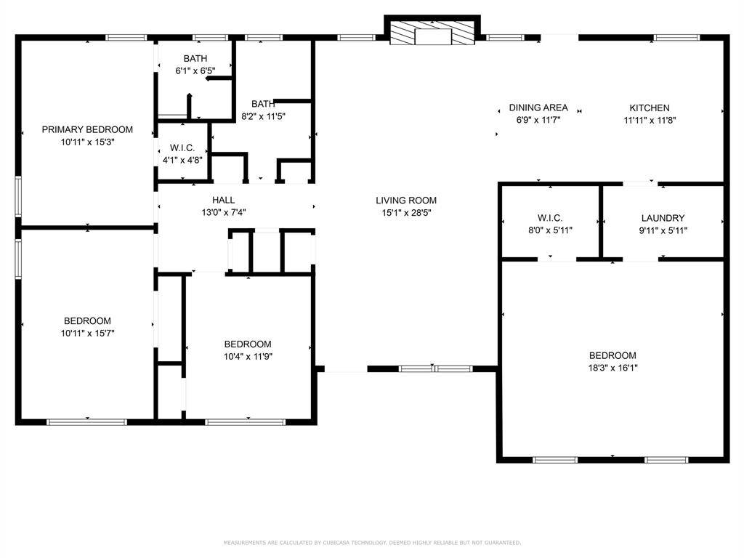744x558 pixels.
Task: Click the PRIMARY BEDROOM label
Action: [87, 129]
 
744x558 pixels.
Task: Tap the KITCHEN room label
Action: [649, 108]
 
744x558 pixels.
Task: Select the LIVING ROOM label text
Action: [406, 201]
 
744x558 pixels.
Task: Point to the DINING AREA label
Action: [538, 108]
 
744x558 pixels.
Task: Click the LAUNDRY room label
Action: [663, 218]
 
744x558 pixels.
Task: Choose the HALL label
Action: [223, 201]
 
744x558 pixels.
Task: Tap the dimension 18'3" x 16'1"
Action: [612, 368]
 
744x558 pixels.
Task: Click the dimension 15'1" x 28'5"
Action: [406, 213]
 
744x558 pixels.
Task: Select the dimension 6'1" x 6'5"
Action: [195, 71]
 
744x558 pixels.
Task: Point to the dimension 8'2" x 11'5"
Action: [263, 116]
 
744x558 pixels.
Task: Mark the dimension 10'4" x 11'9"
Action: [248, 356]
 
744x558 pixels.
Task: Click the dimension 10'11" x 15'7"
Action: [87, 333]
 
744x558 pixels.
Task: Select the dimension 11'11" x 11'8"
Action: [649, 121]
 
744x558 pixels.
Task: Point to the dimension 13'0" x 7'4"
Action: [223, 213]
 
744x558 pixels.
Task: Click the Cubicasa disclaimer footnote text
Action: [372, 542]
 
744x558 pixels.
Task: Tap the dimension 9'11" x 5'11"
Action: [663, 230]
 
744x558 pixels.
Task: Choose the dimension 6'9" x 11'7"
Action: [538, 120]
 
